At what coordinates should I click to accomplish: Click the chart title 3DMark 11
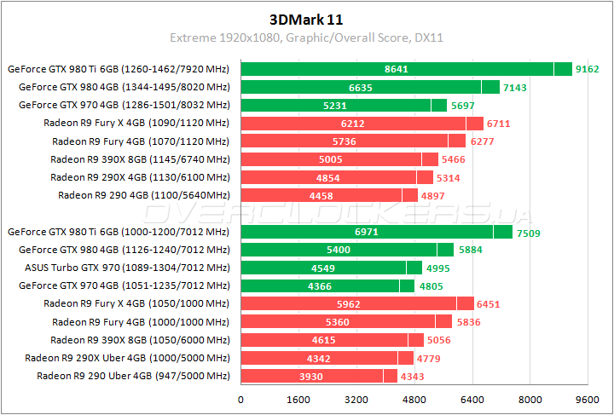306,18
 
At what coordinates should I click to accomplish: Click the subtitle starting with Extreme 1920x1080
306,37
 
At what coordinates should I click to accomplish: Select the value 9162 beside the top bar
588,69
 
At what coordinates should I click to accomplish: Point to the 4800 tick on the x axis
414,399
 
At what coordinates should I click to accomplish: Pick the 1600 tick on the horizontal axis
298,399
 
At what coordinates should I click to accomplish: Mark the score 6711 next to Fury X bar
498,124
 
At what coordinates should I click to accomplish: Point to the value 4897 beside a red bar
433,195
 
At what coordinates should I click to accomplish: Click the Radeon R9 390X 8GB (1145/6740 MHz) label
140,159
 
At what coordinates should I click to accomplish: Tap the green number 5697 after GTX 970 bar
462,106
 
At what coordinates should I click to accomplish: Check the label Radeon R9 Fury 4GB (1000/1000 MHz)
141,322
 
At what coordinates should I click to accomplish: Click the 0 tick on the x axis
241,399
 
